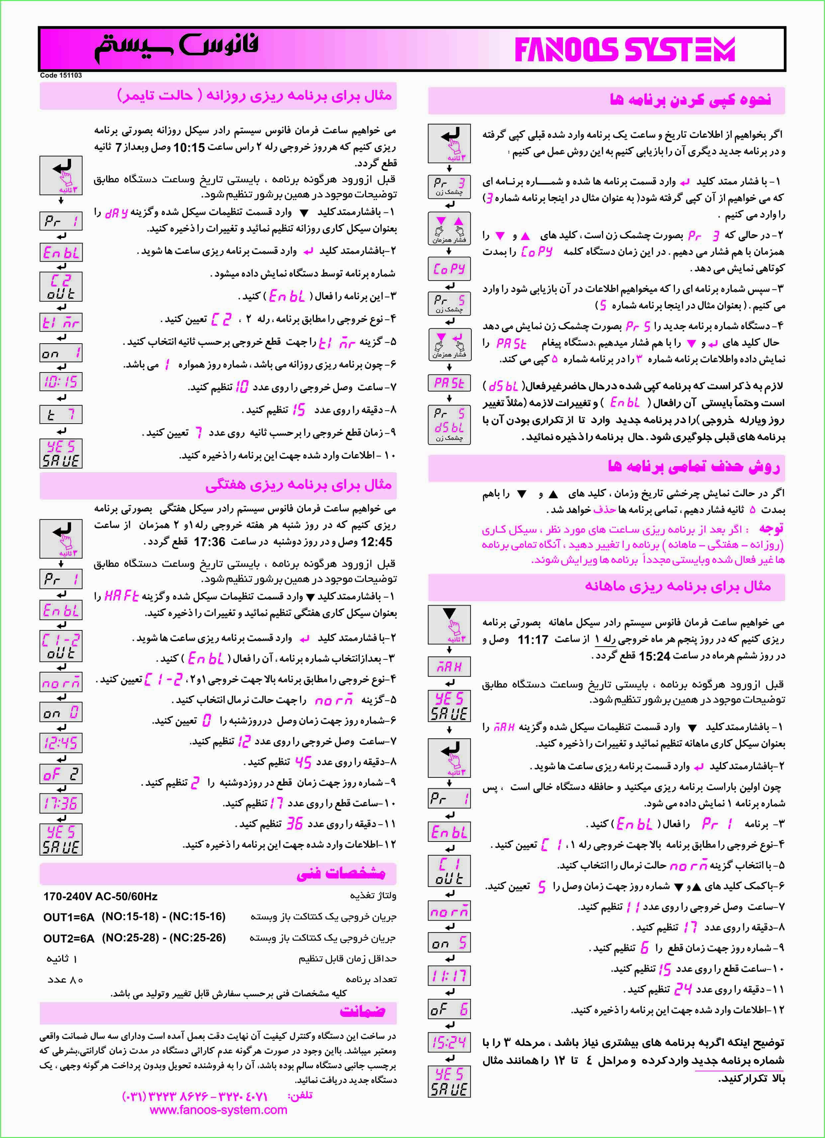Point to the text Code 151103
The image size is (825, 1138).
[61, 75]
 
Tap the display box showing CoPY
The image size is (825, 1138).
[449, 269]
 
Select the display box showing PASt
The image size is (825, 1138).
[449, 383]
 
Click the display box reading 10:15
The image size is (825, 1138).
[61, 381]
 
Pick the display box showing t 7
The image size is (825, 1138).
[61, 414]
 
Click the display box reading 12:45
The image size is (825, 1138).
[61, 743]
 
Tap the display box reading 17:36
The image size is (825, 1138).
[61, 803]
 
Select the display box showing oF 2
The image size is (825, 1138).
[61, 774]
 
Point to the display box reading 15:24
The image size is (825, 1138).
[449, 1042]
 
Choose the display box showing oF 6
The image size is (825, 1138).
[449, 1009]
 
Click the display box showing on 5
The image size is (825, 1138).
[449, 942]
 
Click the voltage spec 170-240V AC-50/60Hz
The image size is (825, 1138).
[100, 896]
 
